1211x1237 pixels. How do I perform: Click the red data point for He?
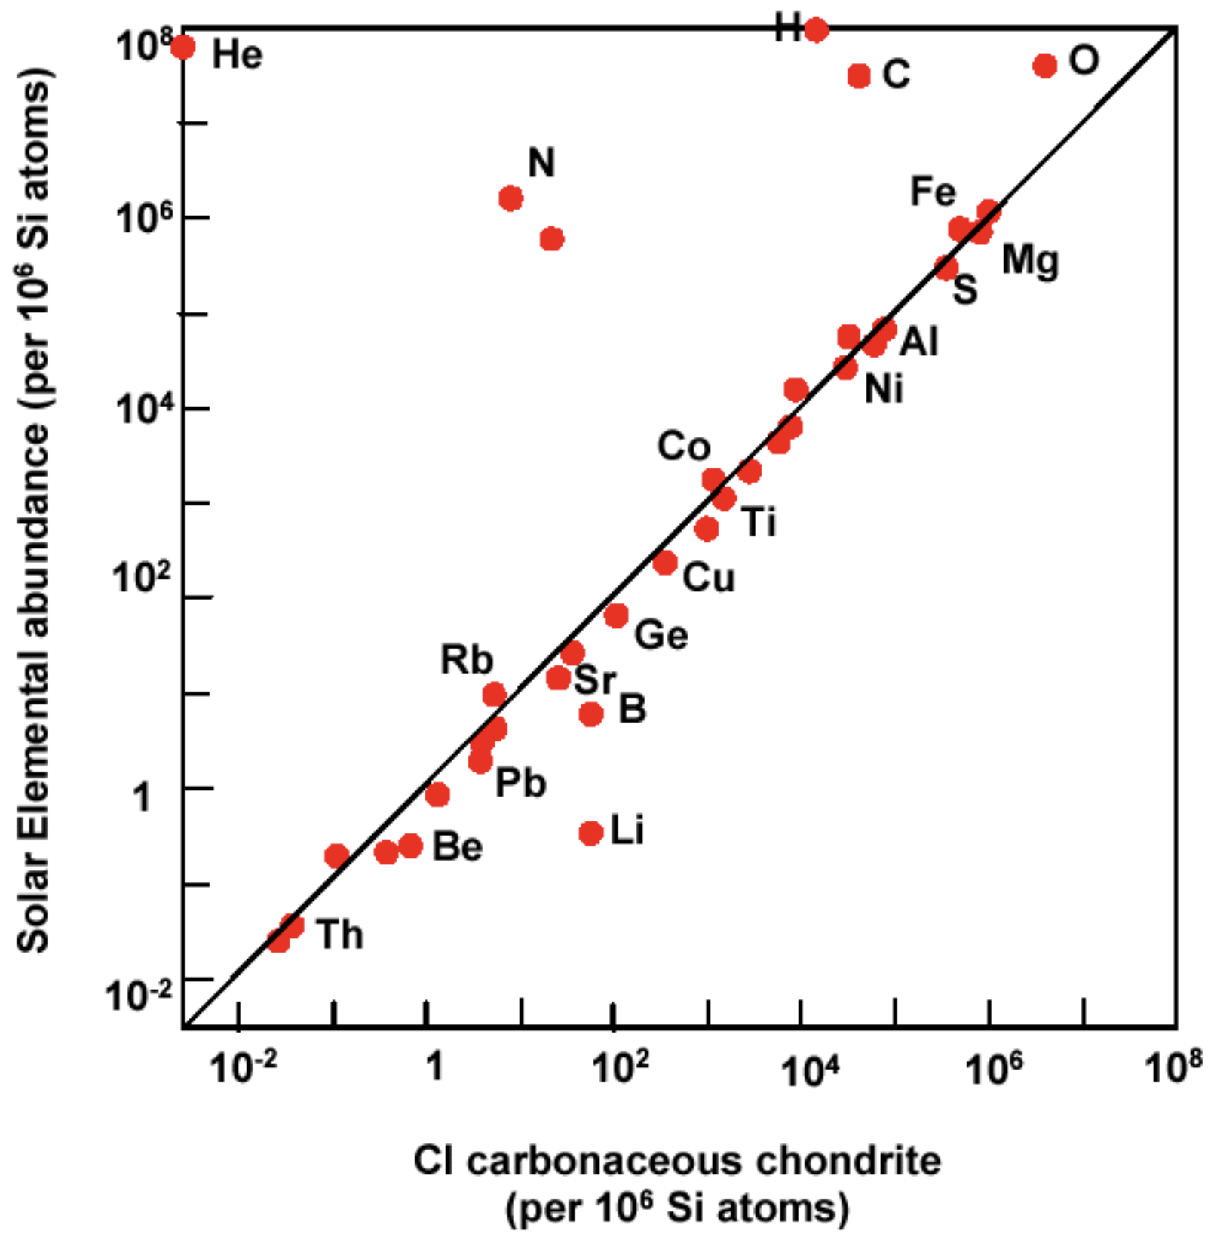tap(182, 48)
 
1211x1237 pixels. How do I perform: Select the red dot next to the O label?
tap(1044, 66)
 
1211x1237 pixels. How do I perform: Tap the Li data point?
tap(591, 833)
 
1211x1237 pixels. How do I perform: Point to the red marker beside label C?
tap(859, 75)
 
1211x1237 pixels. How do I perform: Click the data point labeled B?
tap(591, 714)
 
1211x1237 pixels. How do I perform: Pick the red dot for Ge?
tap(616, 615)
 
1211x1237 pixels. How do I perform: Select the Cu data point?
tap(664, 562)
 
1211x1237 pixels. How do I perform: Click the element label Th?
tap(340, 935)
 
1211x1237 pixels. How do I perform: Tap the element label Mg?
tap(1030, 262)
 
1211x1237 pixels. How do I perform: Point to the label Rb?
tap(467, 661)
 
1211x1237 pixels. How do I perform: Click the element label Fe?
tap(933, 192)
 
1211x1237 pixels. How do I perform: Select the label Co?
tap(684, 447)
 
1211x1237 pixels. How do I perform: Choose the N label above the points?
tap(541, 163)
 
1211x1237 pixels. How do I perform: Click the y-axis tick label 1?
tap(143, 797)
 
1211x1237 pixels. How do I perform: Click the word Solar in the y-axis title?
tap(33, 913)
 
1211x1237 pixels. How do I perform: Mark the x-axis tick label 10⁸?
tap(1173, 1068)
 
